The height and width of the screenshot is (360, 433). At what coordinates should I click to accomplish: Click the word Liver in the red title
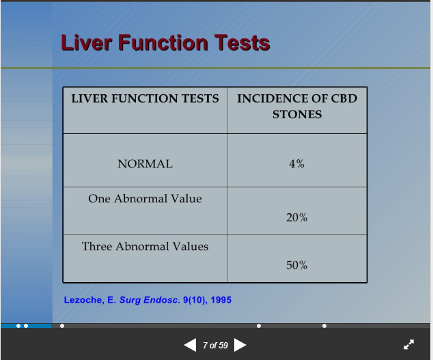pos(86,42)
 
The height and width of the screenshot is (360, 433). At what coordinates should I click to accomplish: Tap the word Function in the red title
pos(163,42)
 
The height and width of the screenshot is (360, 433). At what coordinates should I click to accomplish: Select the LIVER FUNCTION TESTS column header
pos(145,98)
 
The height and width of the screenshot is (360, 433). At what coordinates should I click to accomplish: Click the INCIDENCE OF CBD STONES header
pos(297,107)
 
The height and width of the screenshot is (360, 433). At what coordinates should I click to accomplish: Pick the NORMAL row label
pos(145,164)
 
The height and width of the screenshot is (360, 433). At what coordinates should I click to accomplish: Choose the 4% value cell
pos(296,164)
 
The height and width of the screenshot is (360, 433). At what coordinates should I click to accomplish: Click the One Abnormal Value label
pos(145,198)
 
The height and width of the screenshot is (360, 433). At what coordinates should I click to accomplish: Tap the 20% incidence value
pos(296,217)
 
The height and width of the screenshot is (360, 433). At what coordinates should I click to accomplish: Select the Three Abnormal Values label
pos(145,246)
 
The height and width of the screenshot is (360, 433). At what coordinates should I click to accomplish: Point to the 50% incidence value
pos(296,265)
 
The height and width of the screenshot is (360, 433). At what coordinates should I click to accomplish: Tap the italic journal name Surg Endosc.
pos(150,301)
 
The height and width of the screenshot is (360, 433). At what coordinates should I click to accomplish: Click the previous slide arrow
pos(191,345)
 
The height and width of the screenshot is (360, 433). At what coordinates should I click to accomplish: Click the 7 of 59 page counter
pos(215,346)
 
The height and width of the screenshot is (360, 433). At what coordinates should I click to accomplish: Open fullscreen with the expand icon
pos(408,344)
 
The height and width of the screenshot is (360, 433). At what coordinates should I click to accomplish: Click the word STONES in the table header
pos(297,114)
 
